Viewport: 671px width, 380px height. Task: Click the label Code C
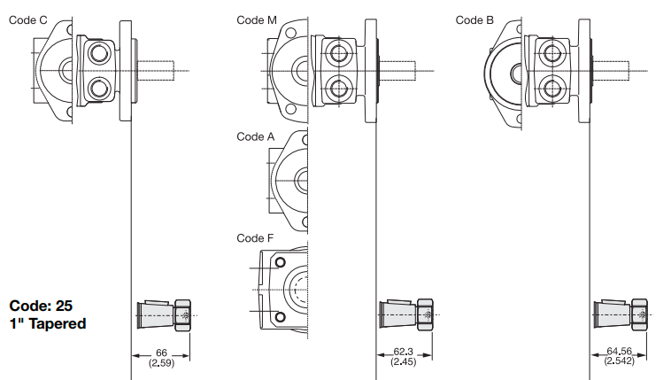[x=28, y=19]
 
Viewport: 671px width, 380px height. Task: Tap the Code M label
[x=257, y=19]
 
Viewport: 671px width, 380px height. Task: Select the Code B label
[x=475, y=19]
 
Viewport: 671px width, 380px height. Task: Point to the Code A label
[x=256, y=136]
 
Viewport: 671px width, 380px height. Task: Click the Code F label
[x=256, y=238]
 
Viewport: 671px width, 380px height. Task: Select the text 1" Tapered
[x=48, y=323]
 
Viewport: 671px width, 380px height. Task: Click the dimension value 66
[x=161, y=353]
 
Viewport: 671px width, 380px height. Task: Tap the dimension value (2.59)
[x=161, y=363]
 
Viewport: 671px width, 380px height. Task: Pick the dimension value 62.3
[x=404, y=353]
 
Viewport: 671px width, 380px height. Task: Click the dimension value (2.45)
[x=404, y=362]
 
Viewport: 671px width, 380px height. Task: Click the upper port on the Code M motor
[x=338, y=53]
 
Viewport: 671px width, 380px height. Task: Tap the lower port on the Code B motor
[x=552, y=87]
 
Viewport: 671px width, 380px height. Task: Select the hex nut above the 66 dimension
[x=184, y=315]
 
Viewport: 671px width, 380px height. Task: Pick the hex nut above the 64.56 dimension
[x=641, y=315]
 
